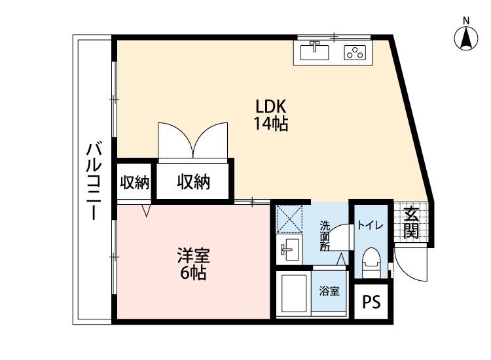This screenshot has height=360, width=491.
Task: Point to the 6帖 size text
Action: click(193, 273)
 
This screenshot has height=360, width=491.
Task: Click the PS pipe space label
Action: click(371, 302)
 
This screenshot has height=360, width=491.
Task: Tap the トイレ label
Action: click(371, 225)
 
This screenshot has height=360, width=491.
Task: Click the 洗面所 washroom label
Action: click(324, 236)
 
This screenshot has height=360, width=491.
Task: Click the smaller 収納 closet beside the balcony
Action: click(134, 183)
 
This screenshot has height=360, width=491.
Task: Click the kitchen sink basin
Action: click(315, 51)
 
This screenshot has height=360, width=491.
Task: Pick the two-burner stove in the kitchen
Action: click(354, 52)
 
